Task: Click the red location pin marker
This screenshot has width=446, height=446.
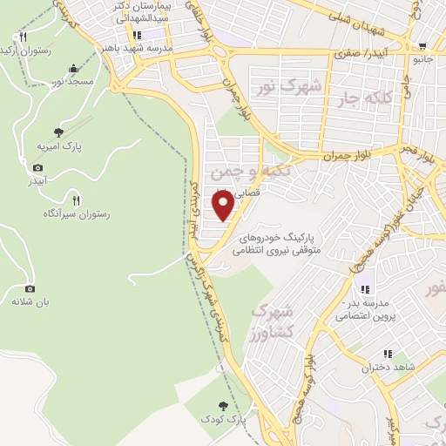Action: [x=224, y=206]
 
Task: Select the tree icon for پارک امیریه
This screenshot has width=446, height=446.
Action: [x=58, y=132]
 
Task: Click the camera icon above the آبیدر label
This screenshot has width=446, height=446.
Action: [x=37, y=167]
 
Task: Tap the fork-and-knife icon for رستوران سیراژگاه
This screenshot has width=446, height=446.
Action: [x=76, y=200]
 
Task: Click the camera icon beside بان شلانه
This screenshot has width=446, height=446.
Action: [x=30, y=288]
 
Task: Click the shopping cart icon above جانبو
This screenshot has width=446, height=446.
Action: [x=422, y=47]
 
